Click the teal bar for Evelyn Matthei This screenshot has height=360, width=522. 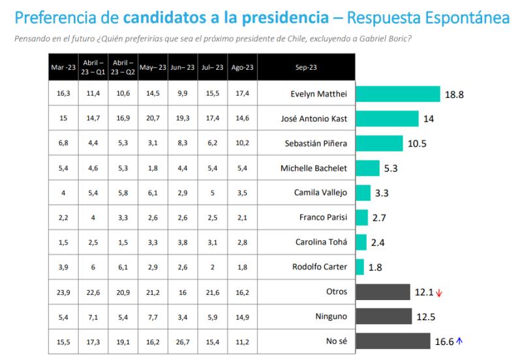(x=398, y=94)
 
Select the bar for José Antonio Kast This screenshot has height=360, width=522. (x=387, y=119)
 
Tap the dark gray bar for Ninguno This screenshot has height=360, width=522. (x=384, y=316)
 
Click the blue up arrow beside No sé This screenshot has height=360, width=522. (x=459, y=340)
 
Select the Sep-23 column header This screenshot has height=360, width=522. (x=306, y=67)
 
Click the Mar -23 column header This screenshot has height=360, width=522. (x=64, y=67)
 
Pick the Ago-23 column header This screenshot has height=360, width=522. (x=242, y=67)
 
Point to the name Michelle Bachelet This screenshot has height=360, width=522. (x=314, y=168)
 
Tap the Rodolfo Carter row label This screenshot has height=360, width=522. (x=319, y=267)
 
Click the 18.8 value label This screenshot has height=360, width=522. (x=454, y=95)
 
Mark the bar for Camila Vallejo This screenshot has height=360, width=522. (x=363, y=193)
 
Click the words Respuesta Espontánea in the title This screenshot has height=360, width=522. (x=429, y=17)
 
